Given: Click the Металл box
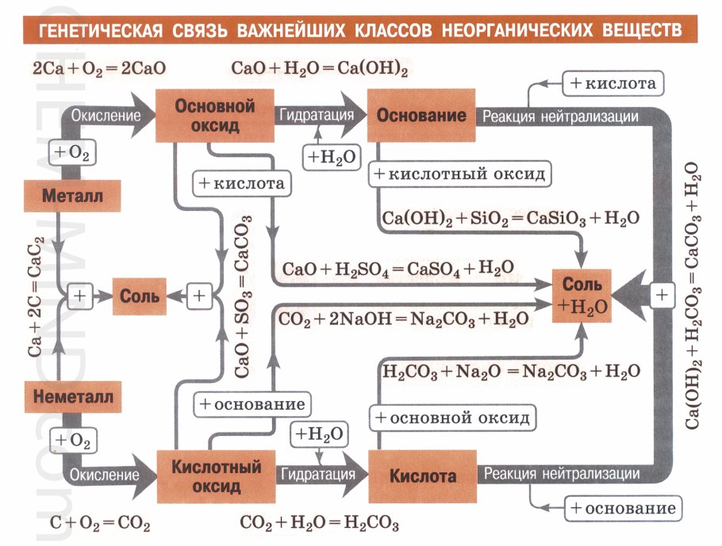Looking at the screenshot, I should point(72,196).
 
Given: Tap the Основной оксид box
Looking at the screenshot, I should point(214,116).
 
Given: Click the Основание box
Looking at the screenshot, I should point(421,116).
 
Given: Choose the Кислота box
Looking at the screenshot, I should point(422,476).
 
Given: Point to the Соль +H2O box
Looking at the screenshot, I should point(583,295).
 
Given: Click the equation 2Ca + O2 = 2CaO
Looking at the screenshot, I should point(99,68).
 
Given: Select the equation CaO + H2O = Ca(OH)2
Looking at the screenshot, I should point(320,68).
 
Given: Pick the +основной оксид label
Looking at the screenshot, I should point(453,417).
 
